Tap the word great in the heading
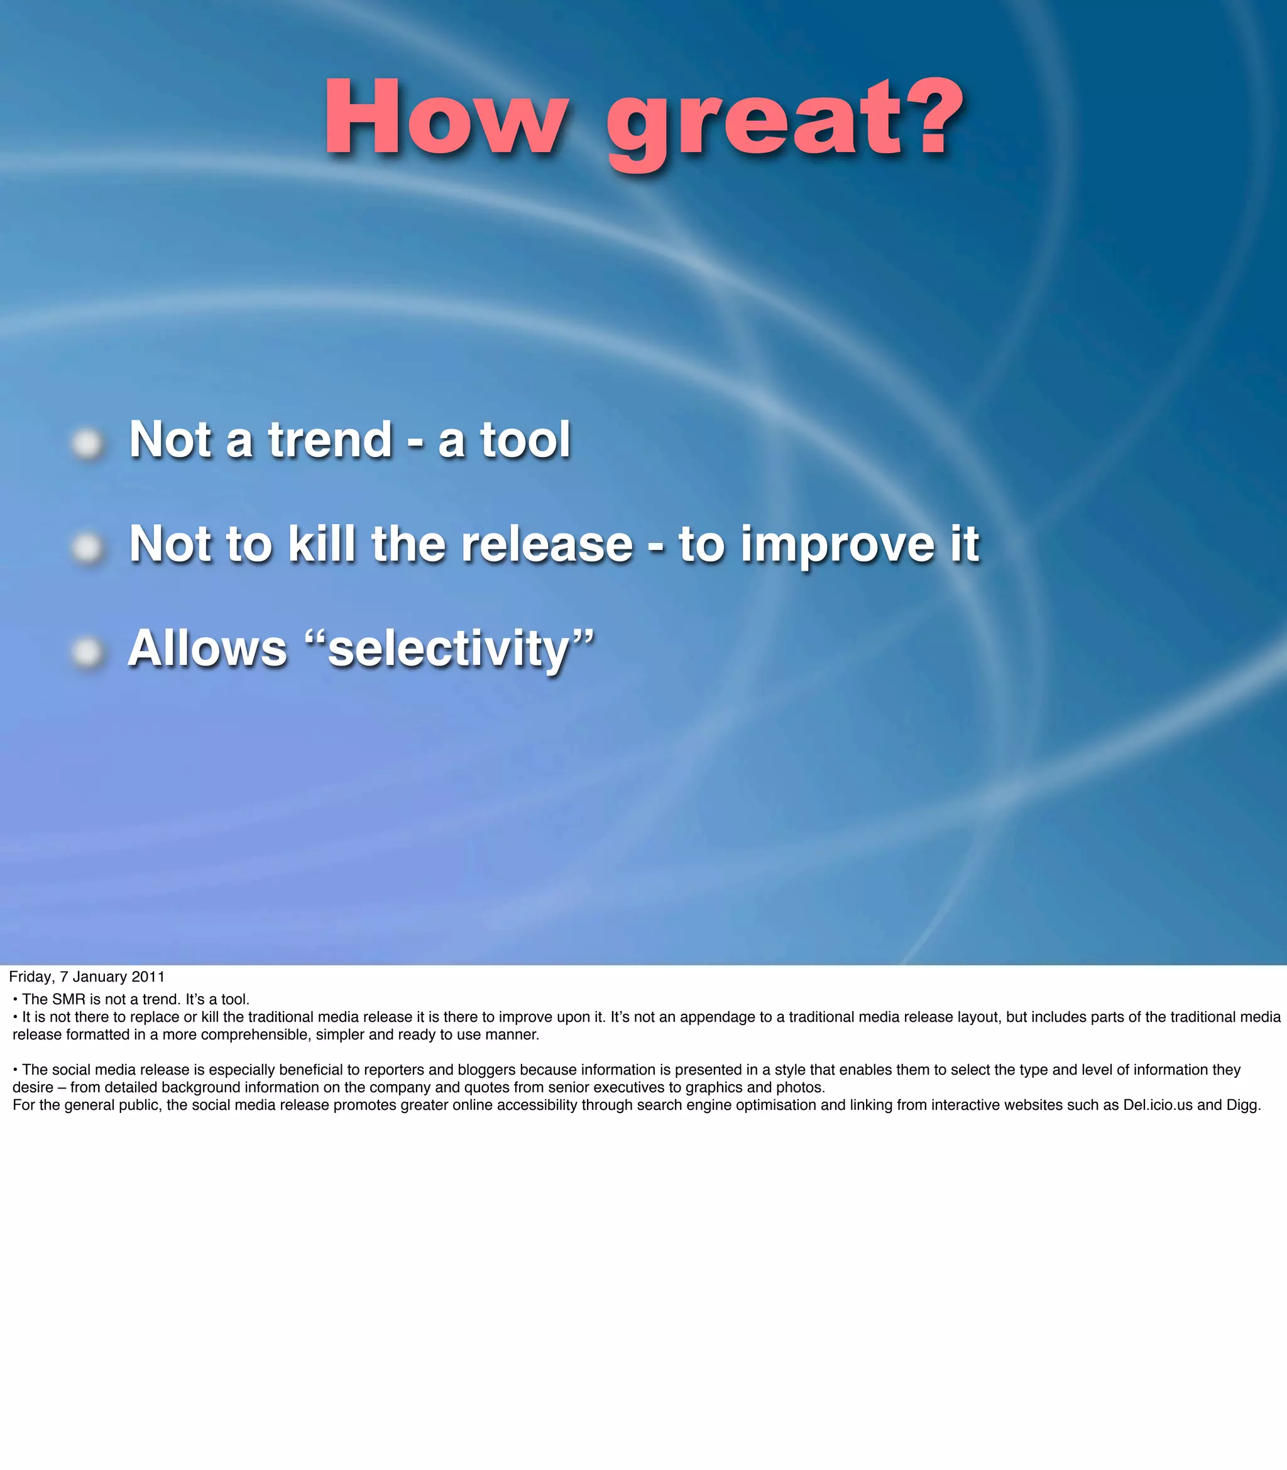754,122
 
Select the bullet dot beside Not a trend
87,443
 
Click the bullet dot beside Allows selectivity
87,652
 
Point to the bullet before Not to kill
87,548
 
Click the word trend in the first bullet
331,439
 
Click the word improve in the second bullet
836,546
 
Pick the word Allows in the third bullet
207,649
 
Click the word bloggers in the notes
486,1069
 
